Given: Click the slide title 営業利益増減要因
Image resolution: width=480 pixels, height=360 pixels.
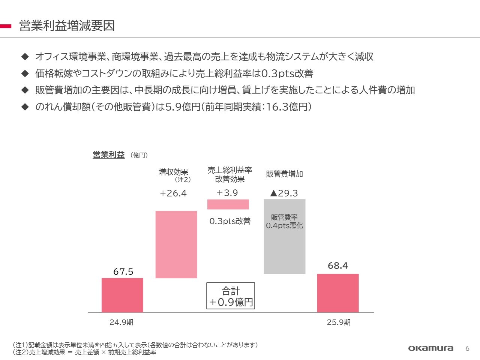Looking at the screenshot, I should (x=67, y=26).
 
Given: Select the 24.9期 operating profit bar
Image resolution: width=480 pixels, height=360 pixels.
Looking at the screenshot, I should (x=122, y=295).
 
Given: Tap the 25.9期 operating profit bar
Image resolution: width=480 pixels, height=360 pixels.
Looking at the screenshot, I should (x=338, y=293).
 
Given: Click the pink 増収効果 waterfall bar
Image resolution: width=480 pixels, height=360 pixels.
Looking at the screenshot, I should (x=176, y=244).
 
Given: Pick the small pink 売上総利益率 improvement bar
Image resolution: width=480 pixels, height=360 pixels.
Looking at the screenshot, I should (x=228, y=204).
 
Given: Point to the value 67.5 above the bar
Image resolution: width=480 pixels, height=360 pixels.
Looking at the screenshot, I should (x=123, y=271).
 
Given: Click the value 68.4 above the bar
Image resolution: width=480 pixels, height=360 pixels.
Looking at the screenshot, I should (x=337, y=265).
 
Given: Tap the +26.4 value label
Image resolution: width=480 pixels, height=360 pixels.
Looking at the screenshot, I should (x=173, y=193).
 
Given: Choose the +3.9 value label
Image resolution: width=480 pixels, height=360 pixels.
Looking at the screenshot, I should (x=227, y=193).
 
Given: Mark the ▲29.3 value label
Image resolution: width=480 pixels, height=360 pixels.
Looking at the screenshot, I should (x=284, y=193).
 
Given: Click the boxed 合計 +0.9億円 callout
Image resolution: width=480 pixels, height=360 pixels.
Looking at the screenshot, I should (x=231, y=296).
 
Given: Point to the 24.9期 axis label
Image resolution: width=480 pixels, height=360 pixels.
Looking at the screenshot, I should (x=121, y=322).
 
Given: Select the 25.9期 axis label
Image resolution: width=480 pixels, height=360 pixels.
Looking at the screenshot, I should (x=339, y=322).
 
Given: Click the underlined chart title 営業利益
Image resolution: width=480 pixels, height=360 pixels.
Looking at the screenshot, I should (x=109, y=154).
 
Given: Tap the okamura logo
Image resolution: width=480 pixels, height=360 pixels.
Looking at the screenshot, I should (x=430, y=348).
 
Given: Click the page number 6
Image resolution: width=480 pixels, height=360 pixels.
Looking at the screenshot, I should (x=467, y=348).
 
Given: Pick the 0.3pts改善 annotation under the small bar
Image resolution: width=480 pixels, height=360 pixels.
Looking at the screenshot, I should (x=230, y=221).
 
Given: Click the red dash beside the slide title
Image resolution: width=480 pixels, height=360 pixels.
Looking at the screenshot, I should (x=6, y=26).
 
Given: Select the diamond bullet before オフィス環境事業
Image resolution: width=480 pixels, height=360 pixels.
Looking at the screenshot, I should (x=25, y=57).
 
